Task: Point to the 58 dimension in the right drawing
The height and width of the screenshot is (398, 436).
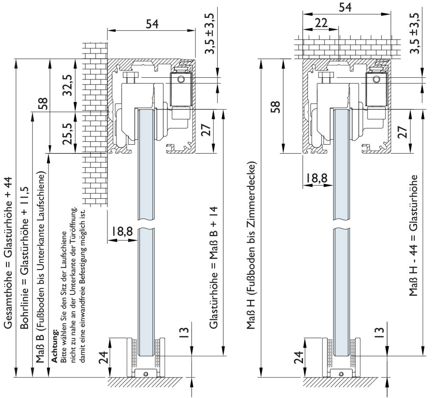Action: (276, 107)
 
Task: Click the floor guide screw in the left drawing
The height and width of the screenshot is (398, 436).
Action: (146, 374)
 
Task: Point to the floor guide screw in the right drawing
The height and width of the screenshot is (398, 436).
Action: (342, 374)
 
